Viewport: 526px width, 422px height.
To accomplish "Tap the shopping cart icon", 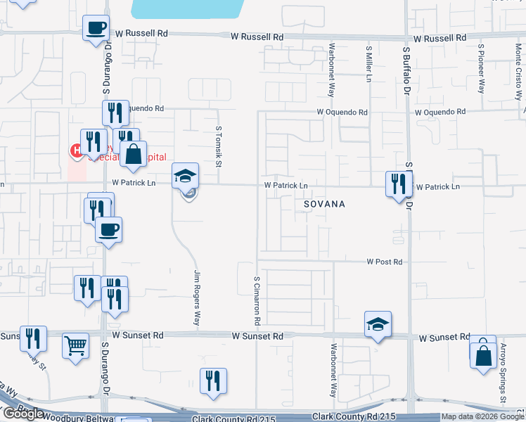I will click(x=75, y=346).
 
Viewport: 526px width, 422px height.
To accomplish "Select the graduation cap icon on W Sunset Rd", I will click(x=378, y=324).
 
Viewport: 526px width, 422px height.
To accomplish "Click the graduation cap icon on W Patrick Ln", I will click(x=186, y=176).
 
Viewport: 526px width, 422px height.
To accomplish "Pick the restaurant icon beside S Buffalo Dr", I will click(x=399, y=184).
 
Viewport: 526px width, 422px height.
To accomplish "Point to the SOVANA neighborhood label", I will click(x=324, y=204).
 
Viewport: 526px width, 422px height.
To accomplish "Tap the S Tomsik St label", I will click(x=219, y=147).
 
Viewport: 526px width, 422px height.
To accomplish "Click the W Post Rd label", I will click(x=384, y=262).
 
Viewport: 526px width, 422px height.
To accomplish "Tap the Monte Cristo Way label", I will click(x=518, y=63).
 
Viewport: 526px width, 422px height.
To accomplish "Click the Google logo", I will click(x=23, y=414).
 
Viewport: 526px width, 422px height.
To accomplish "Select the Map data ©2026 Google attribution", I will click(x=482, y=417).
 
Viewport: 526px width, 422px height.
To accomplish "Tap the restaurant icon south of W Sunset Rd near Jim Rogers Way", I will click(x=213, y=381).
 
